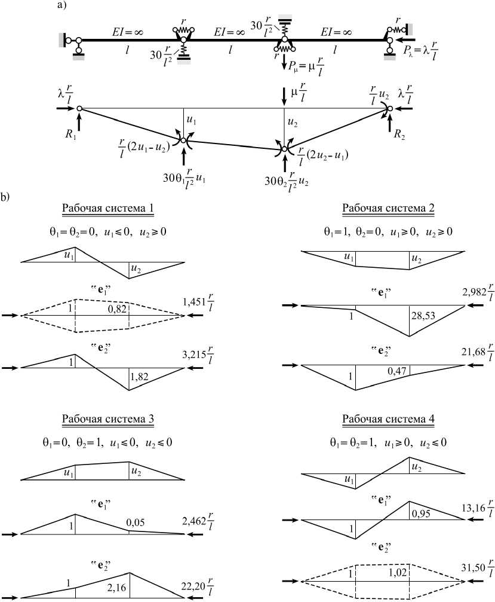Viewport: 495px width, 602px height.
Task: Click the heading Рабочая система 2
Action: (388, 209)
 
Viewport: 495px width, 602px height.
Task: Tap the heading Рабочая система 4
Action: (388, 418)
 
